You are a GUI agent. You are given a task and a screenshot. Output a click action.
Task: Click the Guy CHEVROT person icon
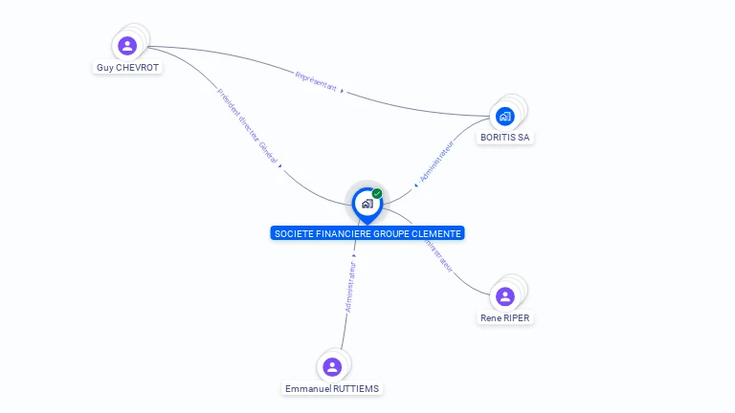pos(127,45)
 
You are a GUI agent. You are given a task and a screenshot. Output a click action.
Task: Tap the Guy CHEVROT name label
pos(127,68)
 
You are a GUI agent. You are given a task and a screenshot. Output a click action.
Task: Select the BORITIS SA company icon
pos(505,116)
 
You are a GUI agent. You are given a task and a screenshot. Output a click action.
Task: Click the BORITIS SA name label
pos(505,137)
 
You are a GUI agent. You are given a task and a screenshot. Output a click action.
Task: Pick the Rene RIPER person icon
pos(505,296)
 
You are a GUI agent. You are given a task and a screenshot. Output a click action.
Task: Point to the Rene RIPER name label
pos(505,317)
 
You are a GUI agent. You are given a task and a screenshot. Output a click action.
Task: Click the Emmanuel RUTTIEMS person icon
pos(332,367)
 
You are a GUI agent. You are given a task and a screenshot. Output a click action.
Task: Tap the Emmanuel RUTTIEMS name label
pos(332,389)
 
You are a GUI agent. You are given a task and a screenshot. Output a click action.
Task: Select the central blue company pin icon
pos(367,204)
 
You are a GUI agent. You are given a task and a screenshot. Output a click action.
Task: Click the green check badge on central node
pos(377,193)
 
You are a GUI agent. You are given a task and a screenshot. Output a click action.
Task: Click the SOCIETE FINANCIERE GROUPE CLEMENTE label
pos(367,233)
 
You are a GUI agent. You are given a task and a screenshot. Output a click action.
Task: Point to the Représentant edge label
pos(317,81)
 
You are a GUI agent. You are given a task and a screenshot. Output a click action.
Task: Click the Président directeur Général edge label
pos(247,127)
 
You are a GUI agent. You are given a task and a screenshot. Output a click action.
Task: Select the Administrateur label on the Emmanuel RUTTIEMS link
pos(350,287)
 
